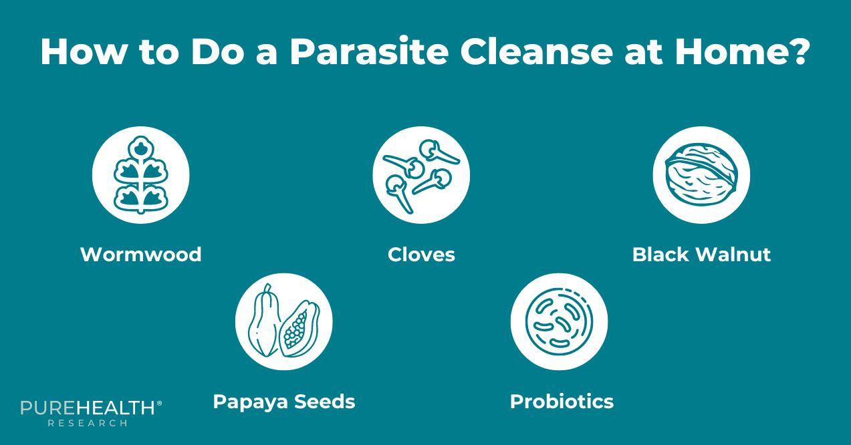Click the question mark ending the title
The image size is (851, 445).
point(797,51)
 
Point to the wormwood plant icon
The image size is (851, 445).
point(140,175)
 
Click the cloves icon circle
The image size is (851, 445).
point(421,175)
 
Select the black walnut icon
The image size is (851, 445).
point(701,175)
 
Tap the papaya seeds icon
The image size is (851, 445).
point(283,321)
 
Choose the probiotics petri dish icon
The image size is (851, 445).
point(559,321)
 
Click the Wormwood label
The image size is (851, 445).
point(140,255)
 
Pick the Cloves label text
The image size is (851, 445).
point(421,255)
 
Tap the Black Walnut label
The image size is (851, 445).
point(701,255)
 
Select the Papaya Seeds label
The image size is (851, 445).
point(283,402)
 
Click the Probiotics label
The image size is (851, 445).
point(562,402)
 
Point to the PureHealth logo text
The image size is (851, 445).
point(88,408)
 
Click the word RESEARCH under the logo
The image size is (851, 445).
point(88,423)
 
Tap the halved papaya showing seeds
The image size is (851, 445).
point(299,329)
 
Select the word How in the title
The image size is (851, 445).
point(82,51)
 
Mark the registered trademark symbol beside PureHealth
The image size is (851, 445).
point(159,404)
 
